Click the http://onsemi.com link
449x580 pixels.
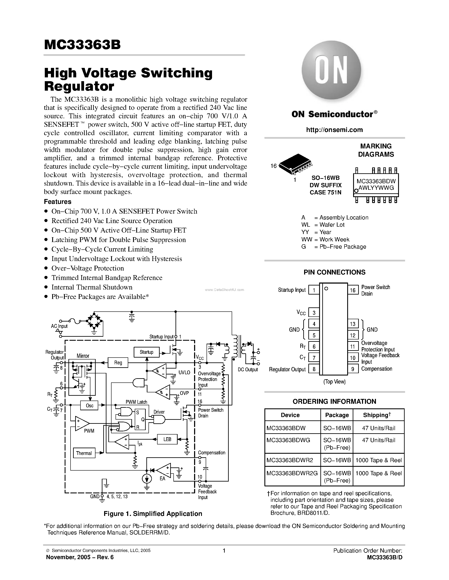pos(334,130)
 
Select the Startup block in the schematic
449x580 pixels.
pos(146,352)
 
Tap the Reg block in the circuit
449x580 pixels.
pos(118,362)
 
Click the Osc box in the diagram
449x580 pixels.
pos(90,405)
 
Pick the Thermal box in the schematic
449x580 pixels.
pos(84,453)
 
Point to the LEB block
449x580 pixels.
pos(167,439)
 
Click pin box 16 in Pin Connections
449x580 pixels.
pos(353,290)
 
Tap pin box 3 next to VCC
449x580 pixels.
pos(314,313)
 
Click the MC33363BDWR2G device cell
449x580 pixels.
pos(292,473)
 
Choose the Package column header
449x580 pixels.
pos(337,415)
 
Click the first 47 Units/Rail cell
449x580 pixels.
pos(378,428)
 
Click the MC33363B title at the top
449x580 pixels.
pos(82,45)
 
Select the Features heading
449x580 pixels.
pos(57,202)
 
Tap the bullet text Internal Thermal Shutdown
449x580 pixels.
pos(92,287)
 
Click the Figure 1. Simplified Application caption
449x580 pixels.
pos(153,514)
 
